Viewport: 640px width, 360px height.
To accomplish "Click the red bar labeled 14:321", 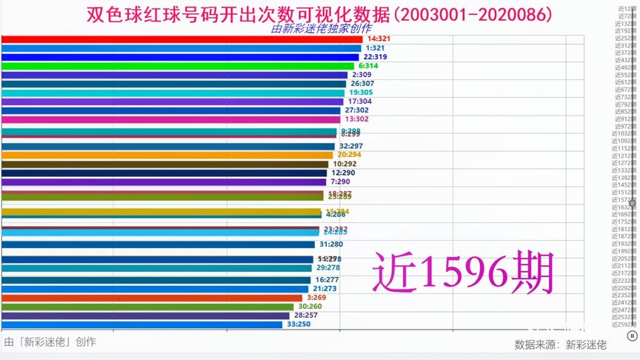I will pyautogui.click(x=181, y=39).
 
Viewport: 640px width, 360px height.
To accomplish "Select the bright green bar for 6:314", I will pyautogui.click(x=178, y=66).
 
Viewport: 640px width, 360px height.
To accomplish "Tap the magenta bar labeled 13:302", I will pyautogui.click(x=170, y=119).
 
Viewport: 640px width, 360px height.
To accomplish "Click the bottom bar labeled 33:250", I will pyautogui.click(x=141, y=324).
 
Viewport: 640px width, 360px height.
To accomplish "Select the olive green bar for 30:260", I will pyautogui.click(x=147, y=307).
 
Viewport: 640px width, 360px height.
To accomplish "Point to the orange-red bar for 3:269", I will pyautogui.click(x=151, y=298).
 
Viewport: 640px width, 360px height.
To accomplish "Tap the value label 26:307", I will pyautogui.click(x=364, y=84).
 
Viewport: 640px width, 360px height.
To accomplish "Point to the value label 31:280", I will pyautogui.click(x=331, y=244).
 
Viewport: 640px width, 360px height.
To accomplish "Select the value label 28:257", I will pyautogui.click(x=305, y=316).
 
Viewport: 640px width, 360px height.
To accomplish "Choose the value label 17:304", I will pyautogui.click(x=359, y=101).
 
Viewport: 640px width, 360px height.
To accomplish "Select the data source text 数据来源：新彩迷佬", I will pyautogui.click(x=560, y=344).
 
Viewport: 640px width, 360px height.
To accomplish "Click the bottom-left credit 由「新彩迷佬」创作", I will pyautogui.click(x=50, y=342).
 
